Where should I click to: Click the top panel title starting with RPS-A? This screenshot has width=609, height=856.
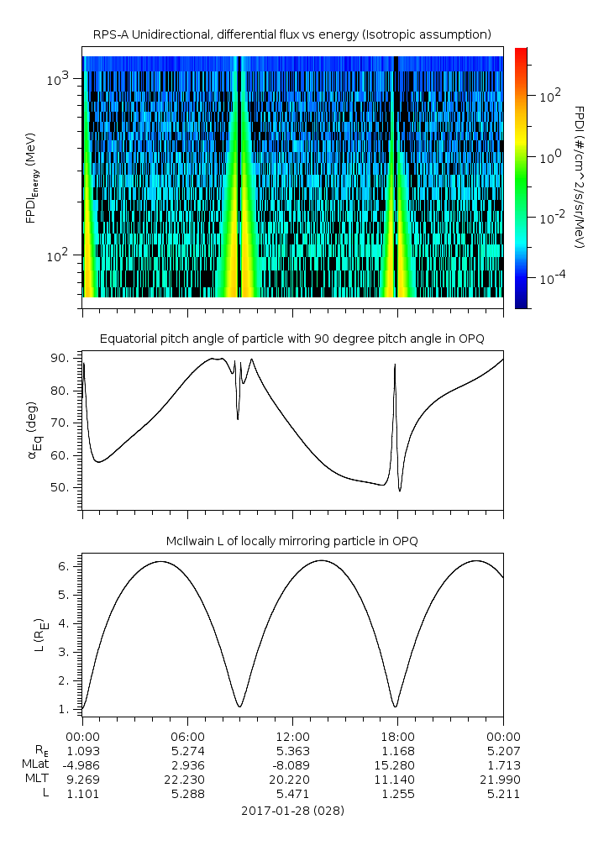click(x=291, y=34)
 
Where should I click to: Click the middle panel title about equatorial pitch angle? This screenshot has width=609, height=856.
click(x=291, y=339)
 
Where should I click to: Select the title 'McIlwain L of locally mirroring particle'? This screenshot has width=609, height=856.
click(x=291, y=541)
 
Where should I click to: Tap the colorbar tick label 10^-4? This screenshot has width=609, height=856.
click(x=549, y=278)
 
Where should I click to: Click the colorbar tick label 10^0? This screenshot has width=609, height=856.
click(x=549, y=157)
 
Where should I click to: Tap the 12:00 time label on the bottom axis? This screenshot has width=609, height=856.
click(x=292, y=735)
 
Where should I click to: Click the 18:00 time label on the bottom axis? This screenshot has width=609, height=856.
click(x=397, y=735)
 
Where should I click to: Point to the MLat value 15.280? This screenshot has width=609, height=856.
click(x=397, y=765)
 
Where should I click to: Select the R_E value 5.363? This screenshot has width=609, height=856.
click(x=292, y=750)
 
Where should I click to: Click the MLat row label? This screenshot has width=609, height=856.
click(x=34, y=765)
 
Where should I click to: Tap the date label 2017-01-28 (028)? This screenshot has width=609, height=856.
click(x=291, y=811)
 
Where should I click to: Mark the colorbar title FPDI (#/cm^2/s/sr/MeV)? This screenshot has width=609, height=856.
click(x=578, y=177)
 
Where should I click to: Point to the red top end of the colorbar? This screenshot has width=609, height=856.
click(x=522, y=53)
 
